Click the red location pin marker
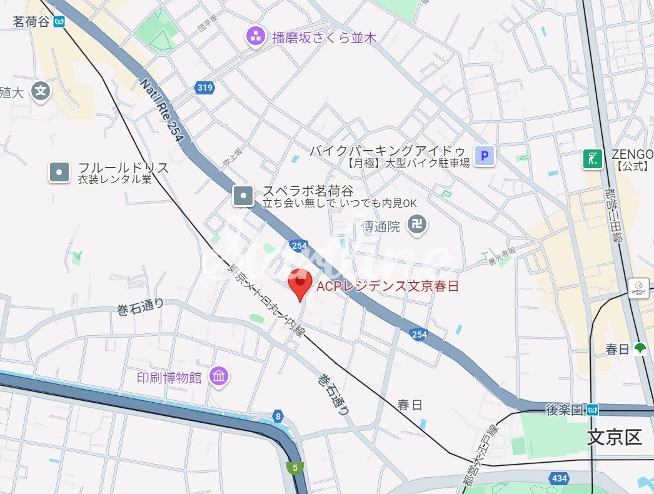point(301,284)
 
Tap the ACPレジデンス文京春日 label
point(388,286)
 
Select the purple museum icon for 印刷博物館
point(219,376)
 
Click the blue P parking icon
point(484,155)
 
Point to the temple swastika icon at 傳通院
point(417,224)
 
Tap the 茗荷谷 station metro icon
point(59,22)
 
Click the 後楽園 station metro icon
point(592,410)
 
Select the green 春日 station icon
point(640,349)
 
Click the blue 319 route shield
point(204,88)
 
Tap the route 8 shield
point(278,416)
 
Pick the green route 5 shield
point(294,466)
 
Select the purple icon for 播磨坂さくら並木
point(255,37)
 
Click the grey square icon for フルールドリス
point(59,172)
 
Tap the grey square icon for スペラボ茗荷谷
point(243,196)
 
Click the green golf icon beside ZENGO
point(592,159)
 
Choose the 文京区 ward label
point(614,437)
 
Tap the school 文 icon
point(41,91)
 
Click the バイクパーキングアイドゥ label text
point(388,151)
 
